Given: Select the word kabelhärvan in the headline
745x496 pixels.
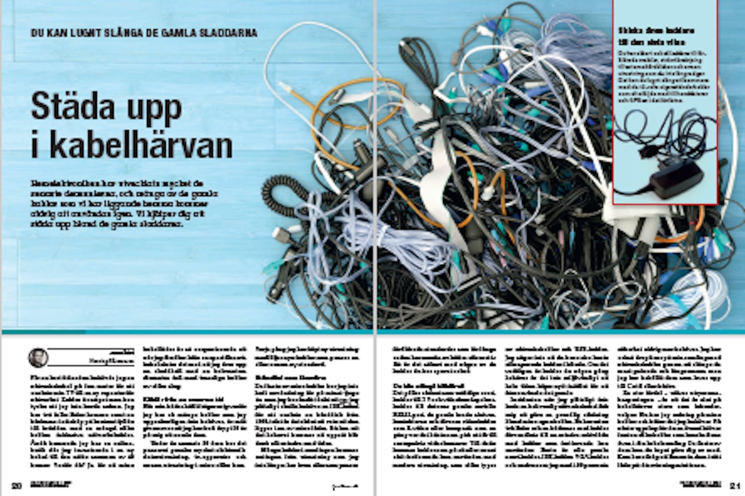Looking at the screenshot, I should pos(141,145).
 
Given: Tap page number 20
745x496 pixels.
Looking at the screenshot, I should pos(17,485).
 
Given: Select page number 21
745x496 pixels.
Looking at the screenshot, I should pos(736,485).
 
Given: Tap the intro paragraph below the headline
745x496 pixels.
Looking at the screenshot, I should pos(124,204).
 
